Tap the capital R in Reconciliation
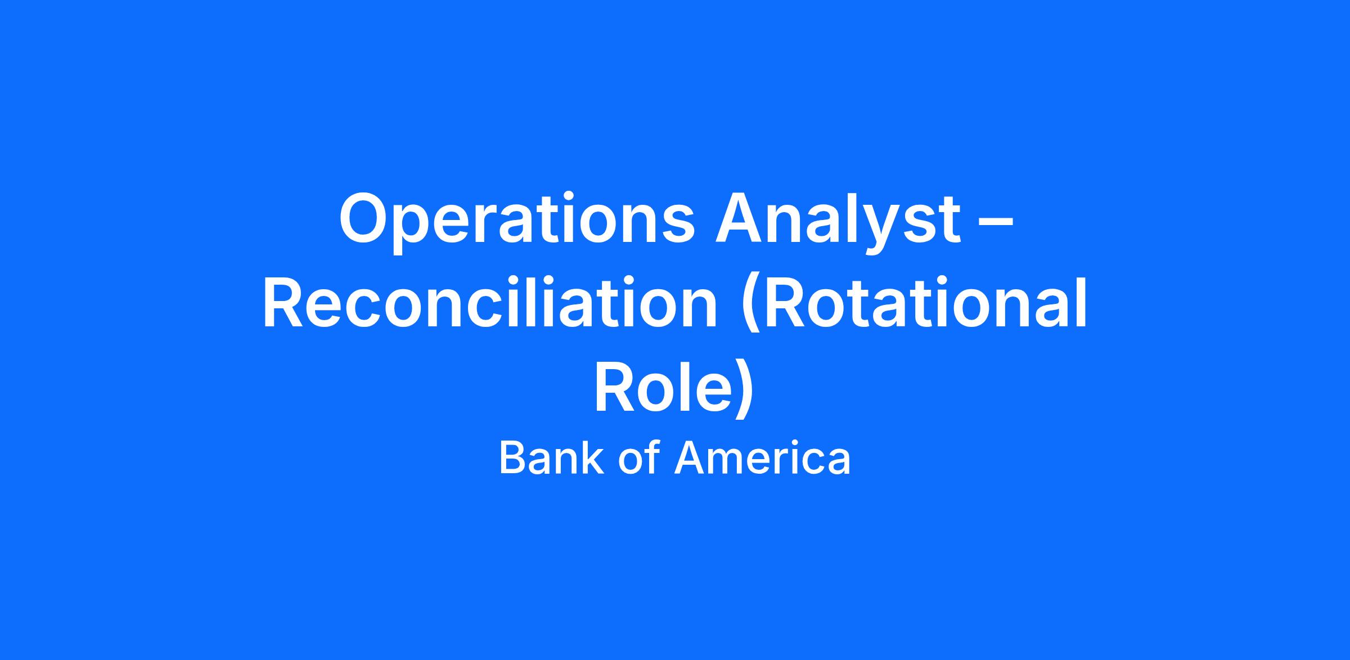coord(285,303)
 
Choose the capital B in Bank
coord(514,457)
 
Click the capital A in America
coord(689,457)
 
